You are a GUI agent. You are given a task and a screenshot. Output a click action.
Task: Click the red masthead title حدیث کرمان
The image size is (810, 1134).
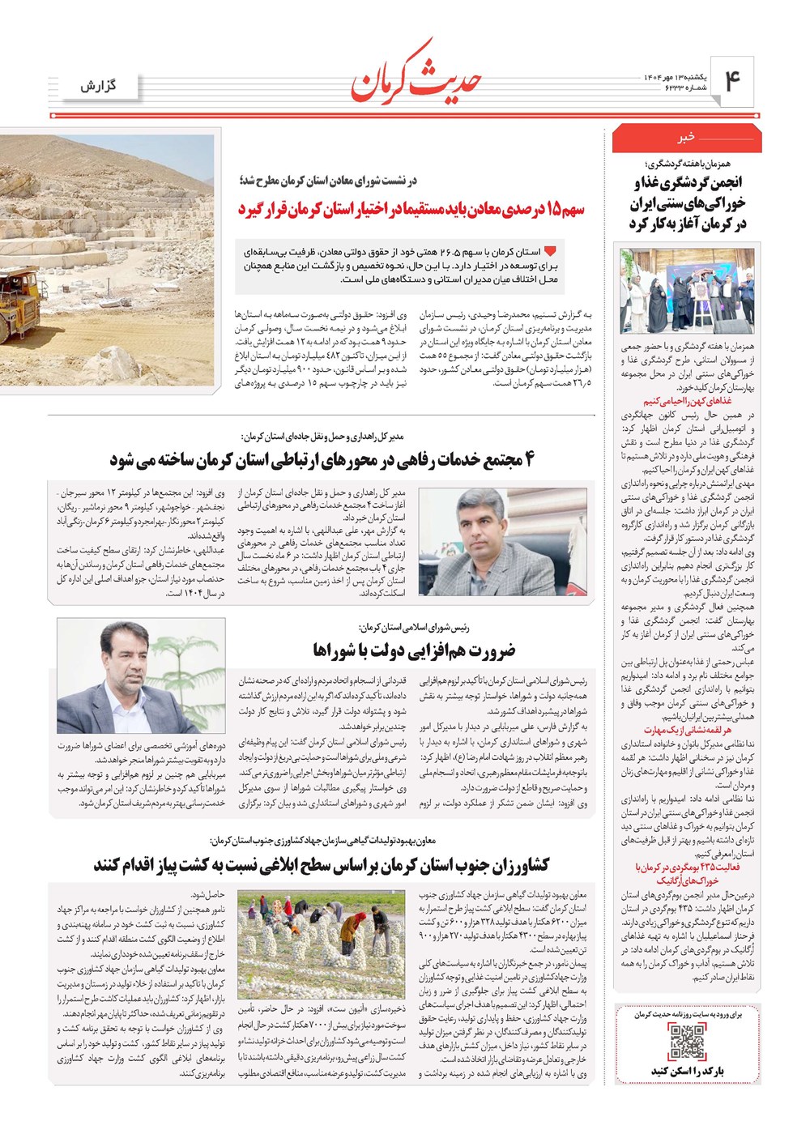416,75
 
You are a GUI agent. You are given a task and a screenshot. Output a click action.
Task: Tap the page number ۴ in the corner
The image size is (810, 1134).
732,81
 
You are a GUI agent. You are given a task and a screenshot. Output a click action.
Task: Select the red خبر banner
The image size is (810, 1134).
686,139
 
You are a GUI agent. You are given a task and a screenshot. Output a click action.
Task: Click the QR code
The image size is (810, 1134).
687,1042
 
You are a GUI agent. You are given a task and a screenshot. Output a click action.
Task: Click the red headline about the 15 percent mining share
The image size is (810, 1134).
411,209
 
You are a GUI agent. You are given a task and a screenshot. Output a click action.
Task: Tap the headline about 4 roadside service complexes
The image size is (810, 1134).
322,461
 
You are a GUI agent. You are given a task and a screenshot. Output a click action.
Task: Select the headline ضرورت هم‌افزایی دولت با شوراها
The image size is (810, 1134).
414,650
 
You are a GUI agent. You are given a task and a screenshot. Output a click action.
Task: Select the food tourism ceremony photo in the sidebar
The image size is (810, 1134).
687,290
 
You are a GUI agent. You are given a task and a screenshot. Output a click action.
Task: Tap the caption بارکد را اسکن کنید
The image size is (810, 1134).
687,1071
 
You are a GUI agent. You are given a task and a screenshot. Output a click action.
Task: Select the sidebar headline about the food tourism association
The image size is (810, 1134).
687,202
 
